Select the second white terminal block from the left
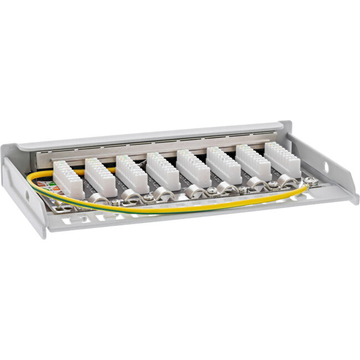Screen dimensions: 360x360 tap(100, 176)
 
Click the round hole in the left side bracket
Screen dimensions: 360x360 tap(28, 196)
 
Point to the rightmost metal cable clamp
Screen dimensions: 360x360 tap(286, 181)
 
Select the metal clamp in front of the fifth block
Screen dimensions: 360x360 tap(196, 191)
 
